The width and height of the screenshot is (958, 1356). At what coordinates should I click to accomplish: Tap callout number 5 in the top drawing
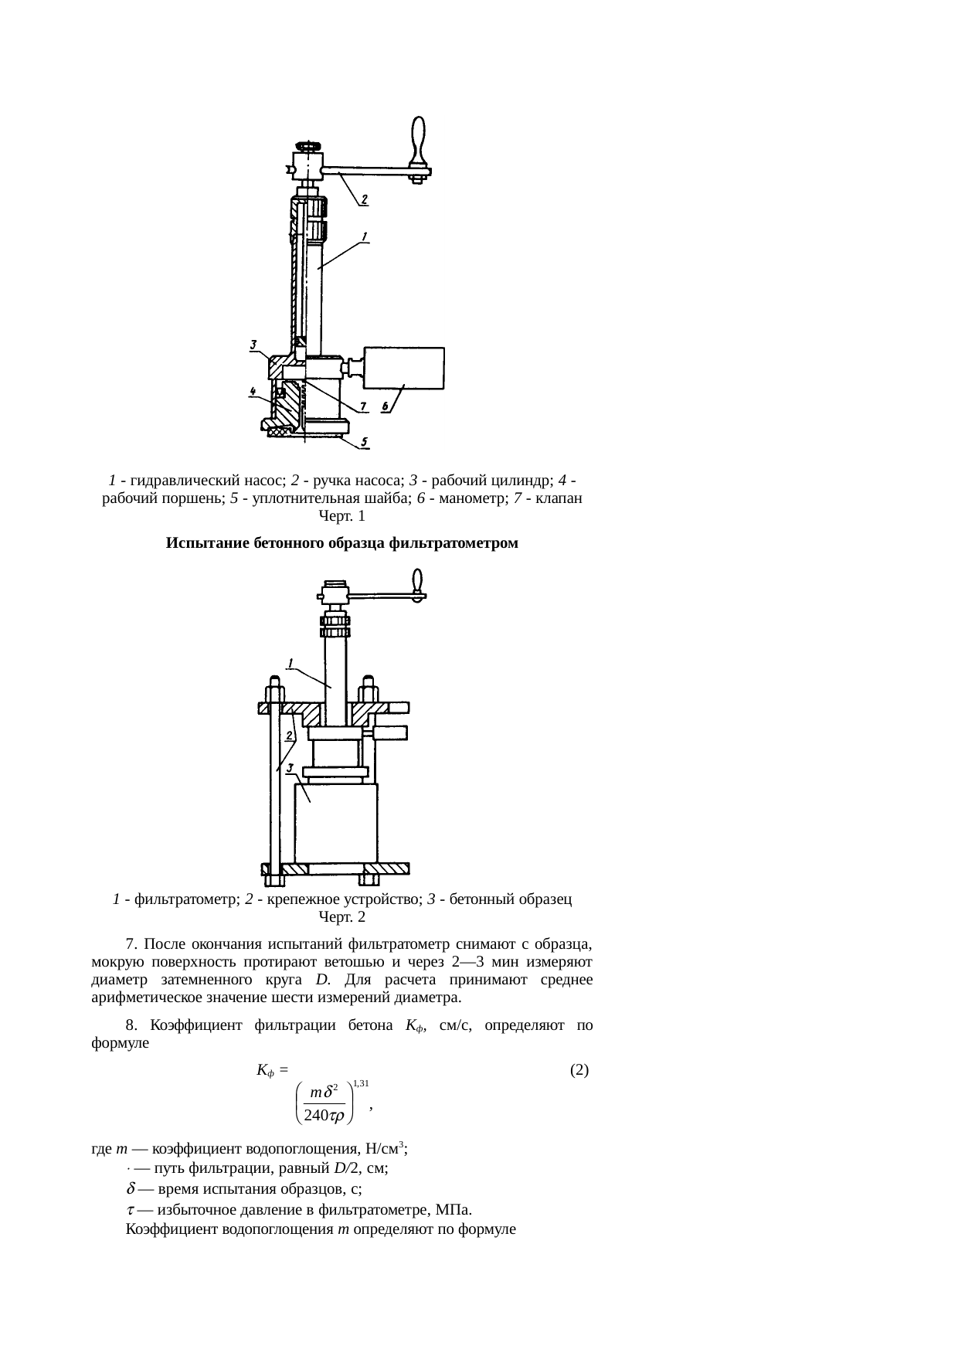point(365,443)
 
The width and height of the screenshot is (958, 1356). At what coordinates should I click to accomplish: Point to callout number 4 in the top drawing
point(253,392)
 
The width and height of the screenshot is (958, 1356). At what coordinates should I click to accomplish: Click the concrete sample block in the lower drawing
point(336,823)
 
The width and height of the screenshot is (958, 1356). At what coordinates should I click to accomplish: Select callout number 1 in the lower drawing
point(290,662)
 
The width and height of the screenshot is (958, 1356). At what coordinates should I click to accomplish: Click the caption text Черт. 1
point(341,515)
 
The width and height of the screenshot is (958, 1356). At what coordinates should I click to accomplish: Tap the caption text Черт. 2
point(341,917)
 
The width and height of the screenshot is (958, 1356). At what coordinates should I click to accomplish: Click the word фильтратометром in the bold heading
point(453,543)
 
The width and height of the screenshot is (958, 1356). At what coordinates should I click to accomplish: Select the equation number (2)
point(579,1070)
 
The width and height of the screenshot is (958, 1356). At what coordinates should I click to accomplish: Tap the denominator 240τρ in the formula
point(324,1116)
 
